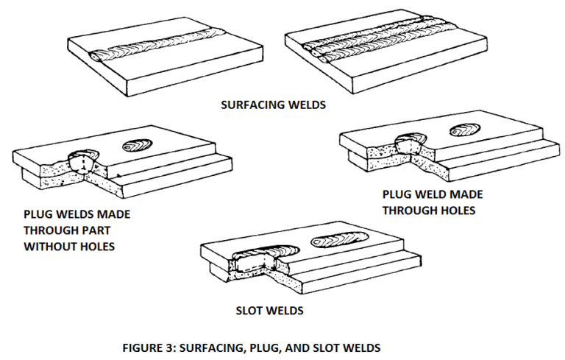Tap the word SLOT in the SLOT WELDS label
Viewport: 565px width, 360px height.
247,311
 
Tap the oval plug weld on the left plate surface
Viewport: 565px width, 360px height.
138,145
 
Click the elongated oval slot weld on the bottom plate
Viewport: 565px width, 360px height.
341,239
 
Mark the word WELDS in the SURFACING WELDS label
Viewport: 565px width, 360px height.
306,105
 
